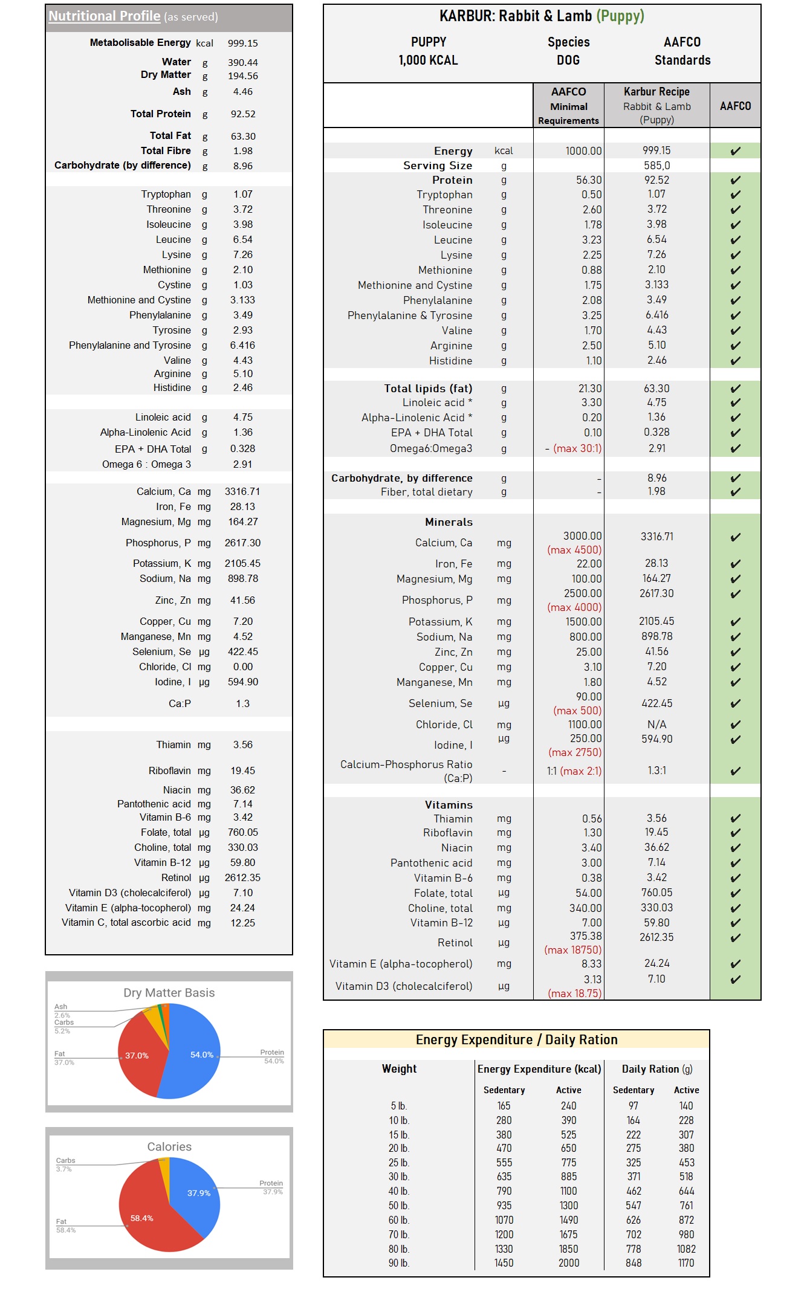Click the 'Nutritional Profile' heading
tap(104, 16)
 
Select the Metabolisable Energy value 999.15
tap(242, 43)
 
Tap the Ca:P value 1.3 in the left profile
tap(242, 703)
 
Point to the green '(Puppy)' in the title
tap(620, 16)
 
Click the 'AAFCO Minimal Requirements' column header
tap(568, 106)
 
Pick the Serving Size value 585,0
tap(656, 165)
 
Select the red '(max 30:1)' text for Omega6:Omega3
tap(577, 448)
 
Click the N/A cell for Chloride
tap(656, 725)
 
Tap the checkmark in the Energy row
tap(735, 150)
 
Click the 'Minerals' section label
tap(449, 522)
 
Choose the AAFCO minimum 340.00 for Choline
tap(585, 908)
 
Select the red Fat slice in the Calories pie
tap(145, 1215)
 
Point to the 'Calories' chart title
tap(169, 1146)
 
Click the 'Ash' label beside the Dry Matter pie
tap(60, 1007)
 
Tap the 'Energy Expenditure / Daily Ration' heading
tap(516, 1039)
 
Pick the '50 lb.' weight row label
tap(398, 1206)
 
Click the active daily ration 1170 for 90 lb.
tap(686, 1263)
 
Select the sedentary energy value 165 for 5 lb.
tap(504, 1105)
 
